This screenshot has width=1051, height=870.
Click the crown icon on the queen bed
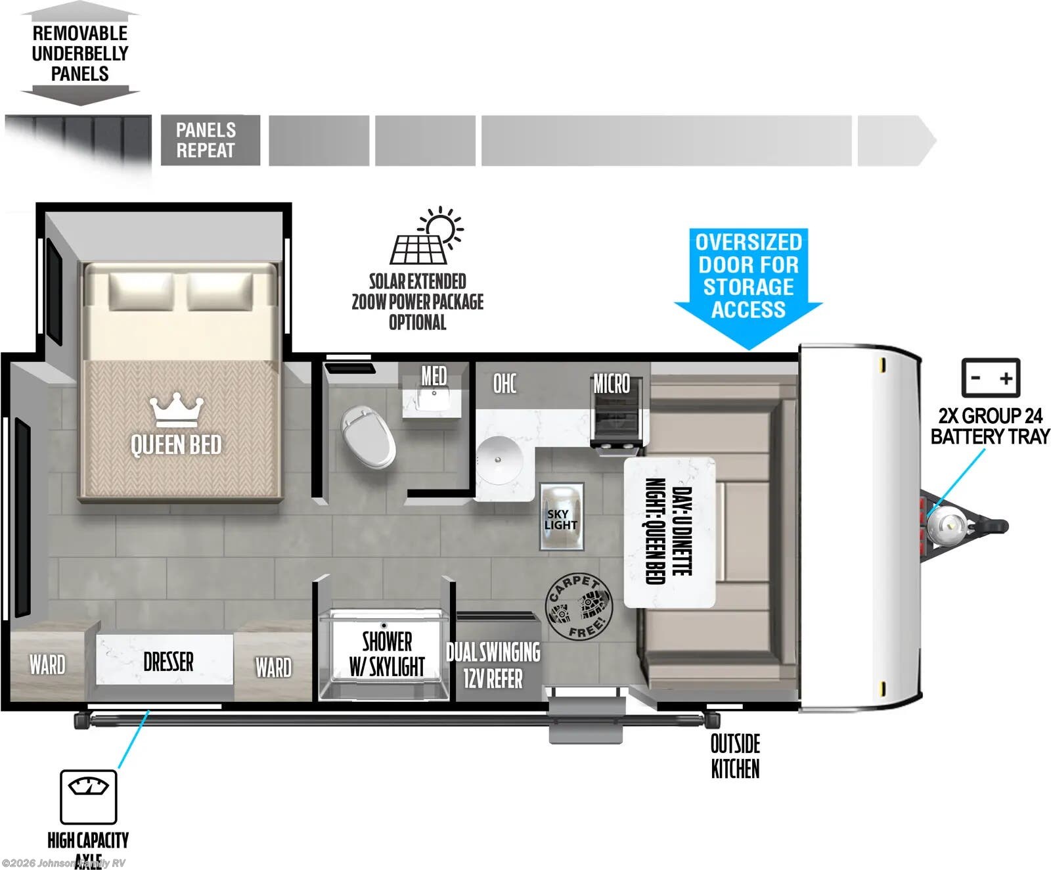coord(176,411)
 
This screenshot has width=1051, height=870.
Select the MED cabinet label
coord(434,377)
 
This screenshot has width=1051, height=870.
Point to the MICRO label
coord(611,384)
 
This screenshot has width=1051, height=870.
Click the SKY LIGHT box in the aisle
coord(561,517)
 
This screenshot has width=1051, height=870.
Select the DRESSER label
coord(168,662)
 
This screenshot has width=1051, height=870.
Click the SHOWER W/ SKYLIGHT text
coord(386,654)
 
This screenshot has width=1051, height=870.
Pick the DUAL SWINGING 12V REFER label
coord(493,665)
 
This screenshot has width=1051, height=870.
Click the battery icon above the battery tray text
coord(990,378)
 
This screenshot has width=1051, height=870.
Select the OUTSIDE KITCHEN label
coord(735,756)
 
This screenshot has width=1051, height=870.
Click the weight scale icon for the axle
coord(88,796)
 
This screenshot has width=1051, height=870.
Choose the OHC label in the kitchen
coord(504,384)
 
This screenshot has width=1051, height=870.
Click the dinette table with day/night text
coord(669,532)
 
